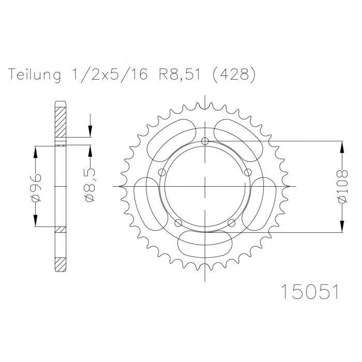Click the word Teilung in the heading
pos(35,74)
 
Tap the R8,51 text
pos(178,74)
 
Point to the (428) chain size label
pos(233,74)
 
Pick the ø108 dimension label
pos(342,187)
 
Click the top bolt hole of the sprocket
pos(205,141)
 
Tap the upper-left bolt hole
pos(162,172)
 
